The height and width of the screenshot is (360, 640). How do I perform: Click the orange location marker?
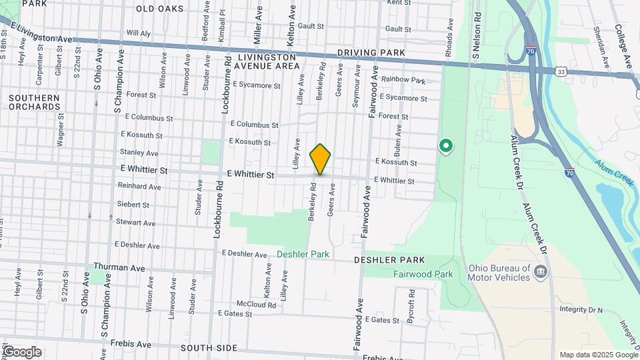(x=321, y=159)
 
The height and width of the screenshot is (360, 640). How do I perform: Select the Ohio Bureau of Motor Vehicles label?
(x=497, y=273)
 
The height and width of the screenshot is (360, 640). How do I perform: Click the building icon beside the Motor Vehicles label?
(x=541, y=271)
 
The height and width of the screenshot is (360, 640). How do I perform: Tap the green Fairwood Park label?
(x=423, y=274)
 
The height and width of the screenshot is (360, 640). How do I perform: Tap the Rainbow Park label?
(x=403, y=81)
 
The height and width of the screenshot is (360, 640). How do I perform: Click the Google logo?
(x=21, y=352)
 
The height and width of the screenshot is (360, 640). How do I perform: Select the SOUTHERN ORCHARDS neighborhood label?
(x=35, y=102)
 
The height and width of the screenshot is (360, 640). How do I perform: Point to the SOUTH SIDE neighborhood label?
(x=209, y=348)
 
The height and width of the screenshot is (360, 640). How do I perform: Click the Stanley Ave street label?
(x=139, y=153)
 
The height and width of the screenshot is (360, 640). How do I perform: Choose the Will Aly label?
(x=139, y=33)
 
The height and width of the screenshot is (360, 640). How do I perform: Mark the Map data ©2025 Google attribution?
(x=598, y=355)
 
